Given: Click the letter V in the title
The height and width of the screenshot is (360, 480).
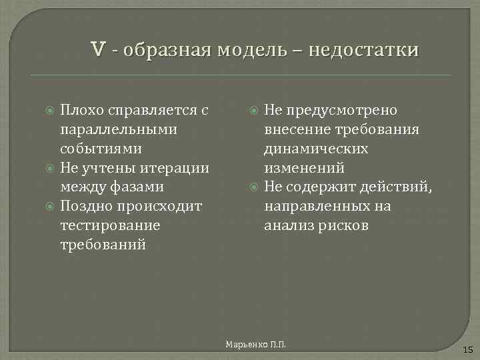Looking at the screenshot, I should click(x=98, y=49).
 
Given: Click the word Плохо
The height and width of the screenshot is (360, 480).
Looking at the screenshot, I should click(x=81, y=109).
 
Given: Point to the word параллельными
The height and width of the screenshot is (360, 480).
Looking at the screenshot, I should click(x=118, y=129).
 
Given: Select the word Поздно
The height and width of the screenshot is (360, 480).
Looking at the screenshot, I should click(x=83, y=206).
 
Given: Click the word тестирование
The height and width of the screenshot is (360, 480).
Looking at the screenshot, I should click(x=110, y=225).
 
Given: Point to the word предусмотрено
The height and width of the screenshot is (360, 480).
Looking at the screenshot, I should click(x=342, y=109).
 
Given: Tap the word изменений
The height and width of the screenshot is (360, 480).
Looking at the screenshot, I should click(x=304, y=167).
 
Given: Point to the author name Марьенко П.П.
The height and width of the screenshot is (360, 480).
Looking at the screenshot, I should click(x=256, y=344).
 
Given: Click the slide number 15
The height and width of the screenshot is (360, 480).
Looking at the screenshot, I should click(x=467, y=349).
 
